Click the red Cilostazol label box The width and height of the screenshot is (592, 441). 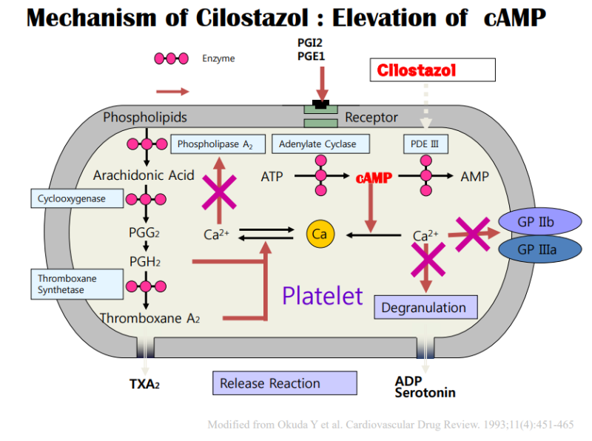(432, 70)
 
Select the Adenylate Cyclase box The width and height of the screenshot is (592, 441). (319, 144)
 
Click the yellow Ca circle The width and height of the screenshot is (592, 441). (320, 235)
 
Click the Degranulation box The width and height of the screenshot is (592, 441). (425, 307)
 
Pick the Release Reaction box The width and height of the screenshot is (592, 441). (285, 383)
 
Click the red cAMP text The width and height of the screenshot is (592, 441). (374, 178)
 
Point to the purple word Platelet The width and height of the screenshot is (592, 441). (323, 295)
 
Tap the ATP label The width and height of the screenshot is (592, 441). (272, 177)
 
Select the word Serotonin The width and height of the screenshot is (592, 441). (425, 393)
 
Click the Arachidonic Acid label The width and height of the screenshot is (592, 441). (144, 175)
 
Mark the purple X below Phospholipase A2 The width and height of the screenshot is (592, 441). (220, 193)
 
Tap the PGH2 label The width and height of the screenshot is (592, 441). (144, 261)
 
